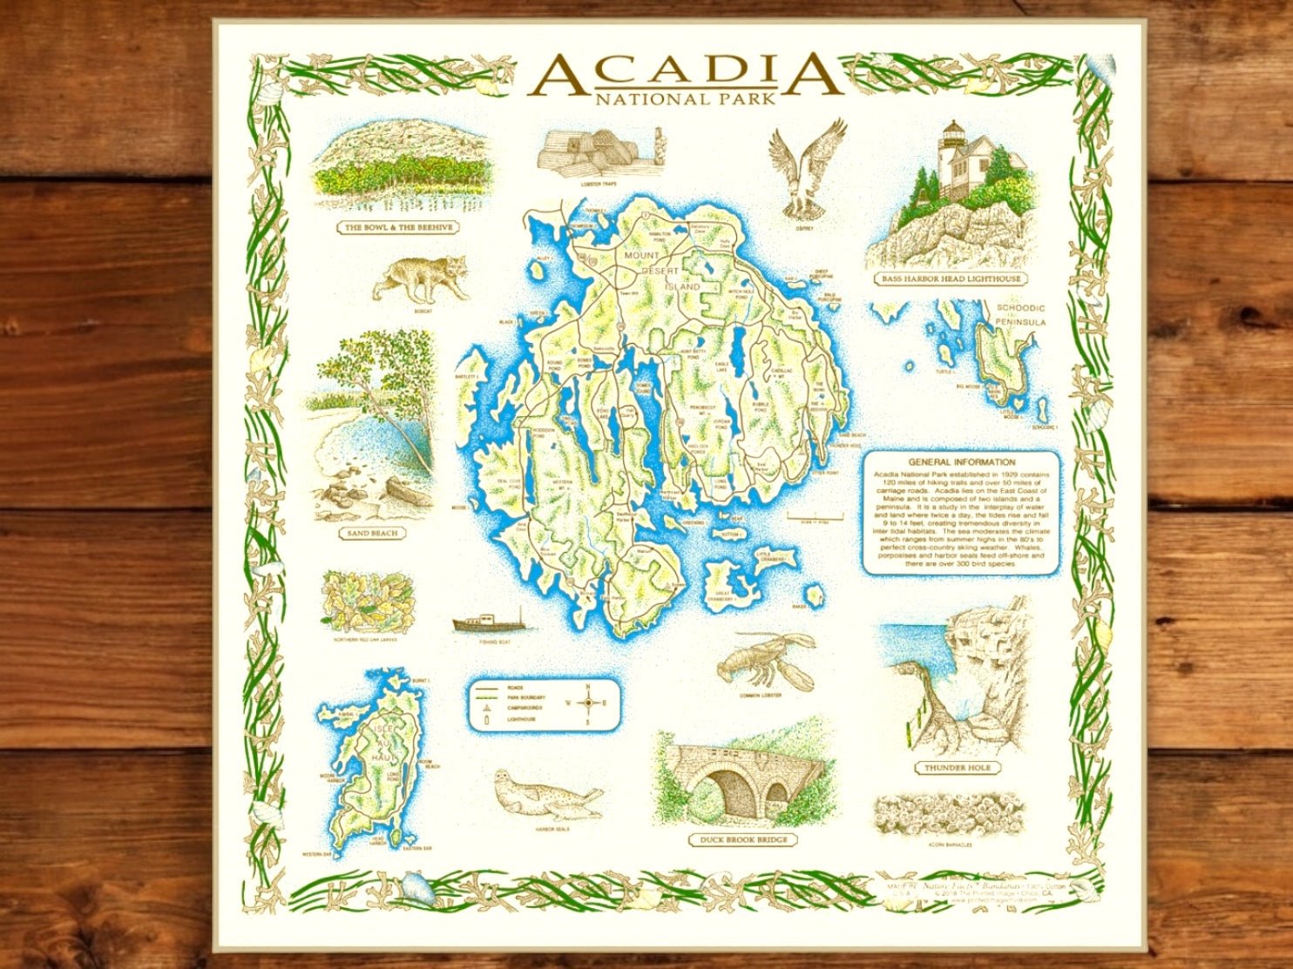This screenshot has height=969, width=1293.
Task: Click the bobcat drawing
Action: pos(420,278)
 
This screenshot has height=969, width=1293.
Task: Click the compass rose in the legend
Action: pos(588,703)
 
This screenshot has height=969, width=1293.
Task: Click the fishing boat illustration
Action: pos(487,623)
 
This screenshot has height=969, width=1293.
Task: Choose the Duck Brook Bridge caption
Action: pos(742,840)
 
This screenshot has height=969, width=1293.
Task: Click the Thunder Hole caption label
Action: pos(957,768)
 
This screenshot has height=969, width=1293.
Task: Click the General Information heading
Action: pos(961,462)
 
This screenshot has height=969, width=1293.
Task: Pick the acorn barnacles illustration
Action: pos(948,814)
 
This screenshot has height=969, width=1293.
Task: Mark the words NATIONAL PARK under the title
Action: pos(685,99)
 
